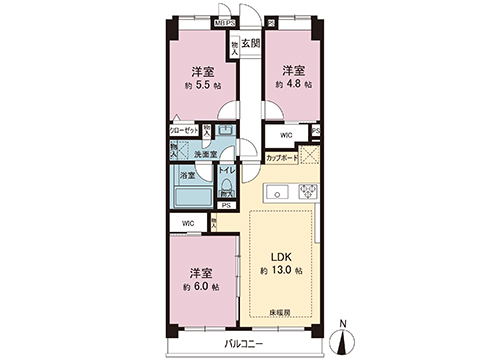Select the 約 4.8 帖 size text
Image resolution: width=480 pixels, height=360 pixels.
click(292, 85)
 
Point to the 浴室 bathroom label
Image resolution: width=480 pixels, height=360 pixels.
click(187, 175)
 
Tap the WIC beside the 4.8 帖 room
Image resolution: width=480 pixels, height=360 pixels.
click(286, 134)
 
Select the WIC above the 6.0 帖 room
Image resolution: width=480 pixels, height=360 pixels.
click(187, 223)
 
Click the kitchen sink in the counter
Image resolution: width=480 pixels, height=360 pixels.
click(280, 193)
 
